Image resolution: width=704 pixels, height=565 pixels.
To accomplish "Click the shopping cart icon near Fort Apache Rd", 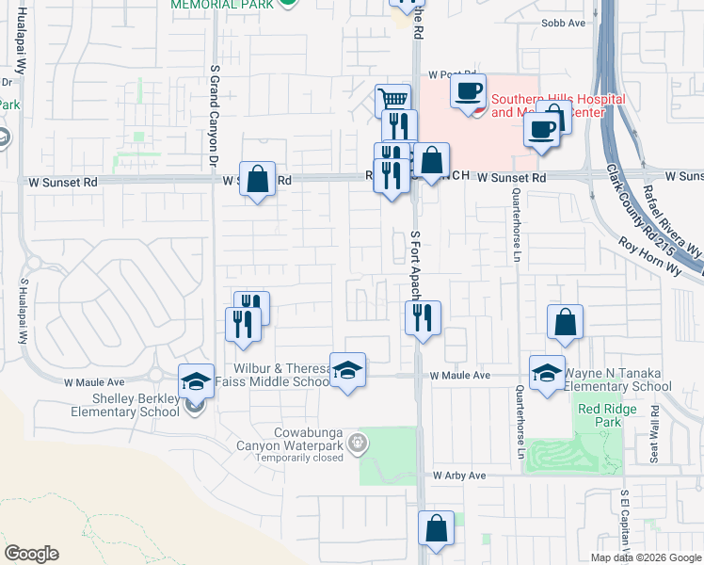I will click(x=393, y=100).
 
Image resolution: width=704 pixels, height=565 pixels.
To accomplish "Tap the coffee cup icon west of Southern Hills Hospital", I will click(x=468, y=91).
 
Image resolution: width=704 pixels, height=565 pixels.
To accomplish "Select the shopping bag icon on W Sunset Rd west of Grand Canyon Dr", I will click(x=257, y=178).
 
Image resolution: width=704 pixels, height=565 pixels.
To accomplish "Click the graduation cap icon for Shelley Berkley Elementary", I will click(x=196, y=380).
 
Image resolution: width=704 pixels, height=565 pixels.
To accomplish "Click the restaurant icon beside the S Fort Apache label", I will click(x=423, y=317).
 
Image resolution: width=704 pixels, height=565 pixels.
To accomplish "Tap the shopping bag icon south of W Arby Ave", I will click(x=436, y=529).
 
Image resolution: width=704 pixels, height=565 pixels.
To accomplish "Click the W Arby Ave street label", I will click(x=459, y=476).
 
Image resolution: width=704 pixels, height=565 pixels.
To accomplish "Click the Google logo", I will click(x=32, y=554).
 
